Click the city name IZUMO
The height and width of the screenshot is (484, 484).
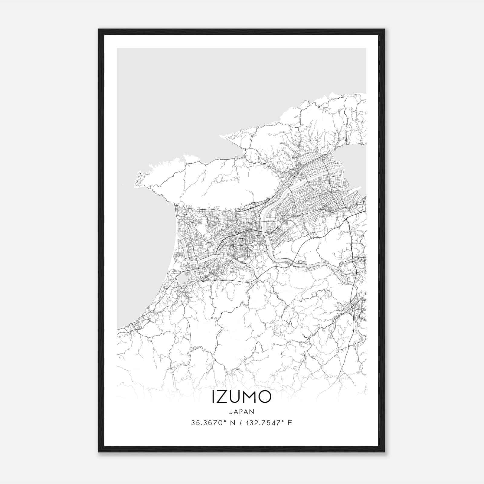click(241, 397)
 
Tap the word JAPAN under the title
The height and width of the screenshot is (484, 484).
click(241, 411)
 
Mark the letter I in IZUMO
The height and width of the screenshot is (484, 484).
click(214, 397)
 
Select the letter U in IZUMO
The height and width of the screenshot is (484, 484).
click(236, 397)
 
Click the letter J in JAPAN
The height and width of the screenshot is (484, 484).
click(231, 411)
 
